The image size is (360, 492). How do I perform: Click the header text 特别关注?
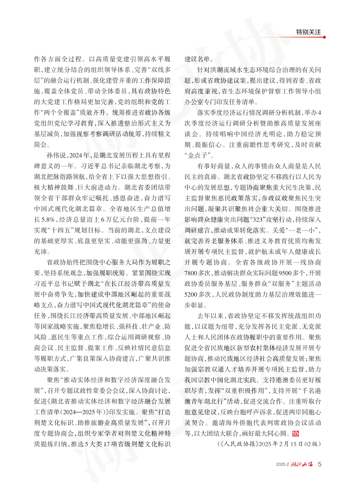pyautogui.click(x=309, y=32)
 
